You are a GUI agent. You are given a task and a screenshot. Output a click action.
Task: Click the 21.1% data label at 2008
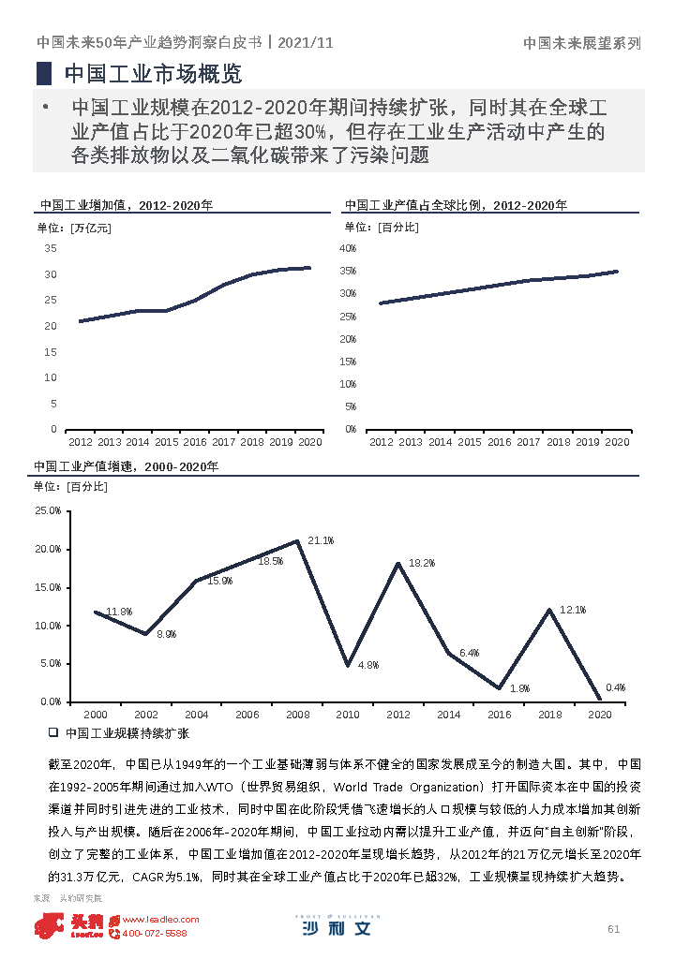(321, 541)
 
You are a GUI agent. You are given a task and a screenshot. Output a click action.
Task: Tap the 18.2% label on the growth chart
(422, 564)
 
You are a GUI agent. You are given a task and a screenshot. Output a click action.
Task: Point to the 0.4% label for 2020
(615, 687)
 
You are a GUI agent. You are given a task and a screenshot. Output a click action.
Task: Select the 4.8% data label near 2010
(367, 665)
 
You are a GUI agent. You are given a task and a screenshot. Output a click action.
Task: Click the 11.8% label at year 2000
(119, 612)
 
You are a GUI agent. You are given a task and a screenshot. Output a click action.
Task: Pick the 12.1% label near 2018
(572, 611)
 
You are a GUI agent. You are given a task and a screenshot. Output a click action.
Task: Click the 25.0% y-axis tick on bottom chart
(48, 511)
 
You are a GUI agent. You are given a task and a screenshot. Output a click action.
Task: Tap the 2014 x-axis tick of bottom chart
(448, 715)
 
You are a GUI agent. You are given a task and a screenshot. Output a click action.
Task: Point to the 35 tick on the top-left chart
(51, 248)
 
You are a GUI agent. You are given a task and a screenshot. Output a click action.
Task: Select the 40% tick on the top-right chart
(348, 248)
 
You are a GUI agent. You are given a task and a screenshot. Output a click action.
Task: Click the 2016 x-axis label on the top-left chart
(195, 442)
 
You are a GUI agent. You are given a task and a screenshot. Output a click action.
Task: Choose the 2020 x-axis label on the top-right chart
(616, 442)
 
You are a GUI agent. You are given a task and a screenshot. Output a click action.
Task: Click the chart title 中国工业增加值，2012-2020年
(126, 205)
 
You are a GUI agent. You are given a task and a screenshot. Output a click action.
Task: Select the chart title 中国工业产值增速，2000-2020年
(126, 466)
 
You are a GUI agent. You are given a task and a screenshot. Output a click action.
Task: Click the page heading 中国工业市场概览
(152, 73)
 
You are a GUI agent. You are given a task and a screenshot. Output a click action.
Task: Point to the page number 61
(614, 929)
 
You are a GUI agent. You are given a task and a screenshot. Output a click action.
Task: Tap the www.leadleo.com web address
(160, 920)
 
